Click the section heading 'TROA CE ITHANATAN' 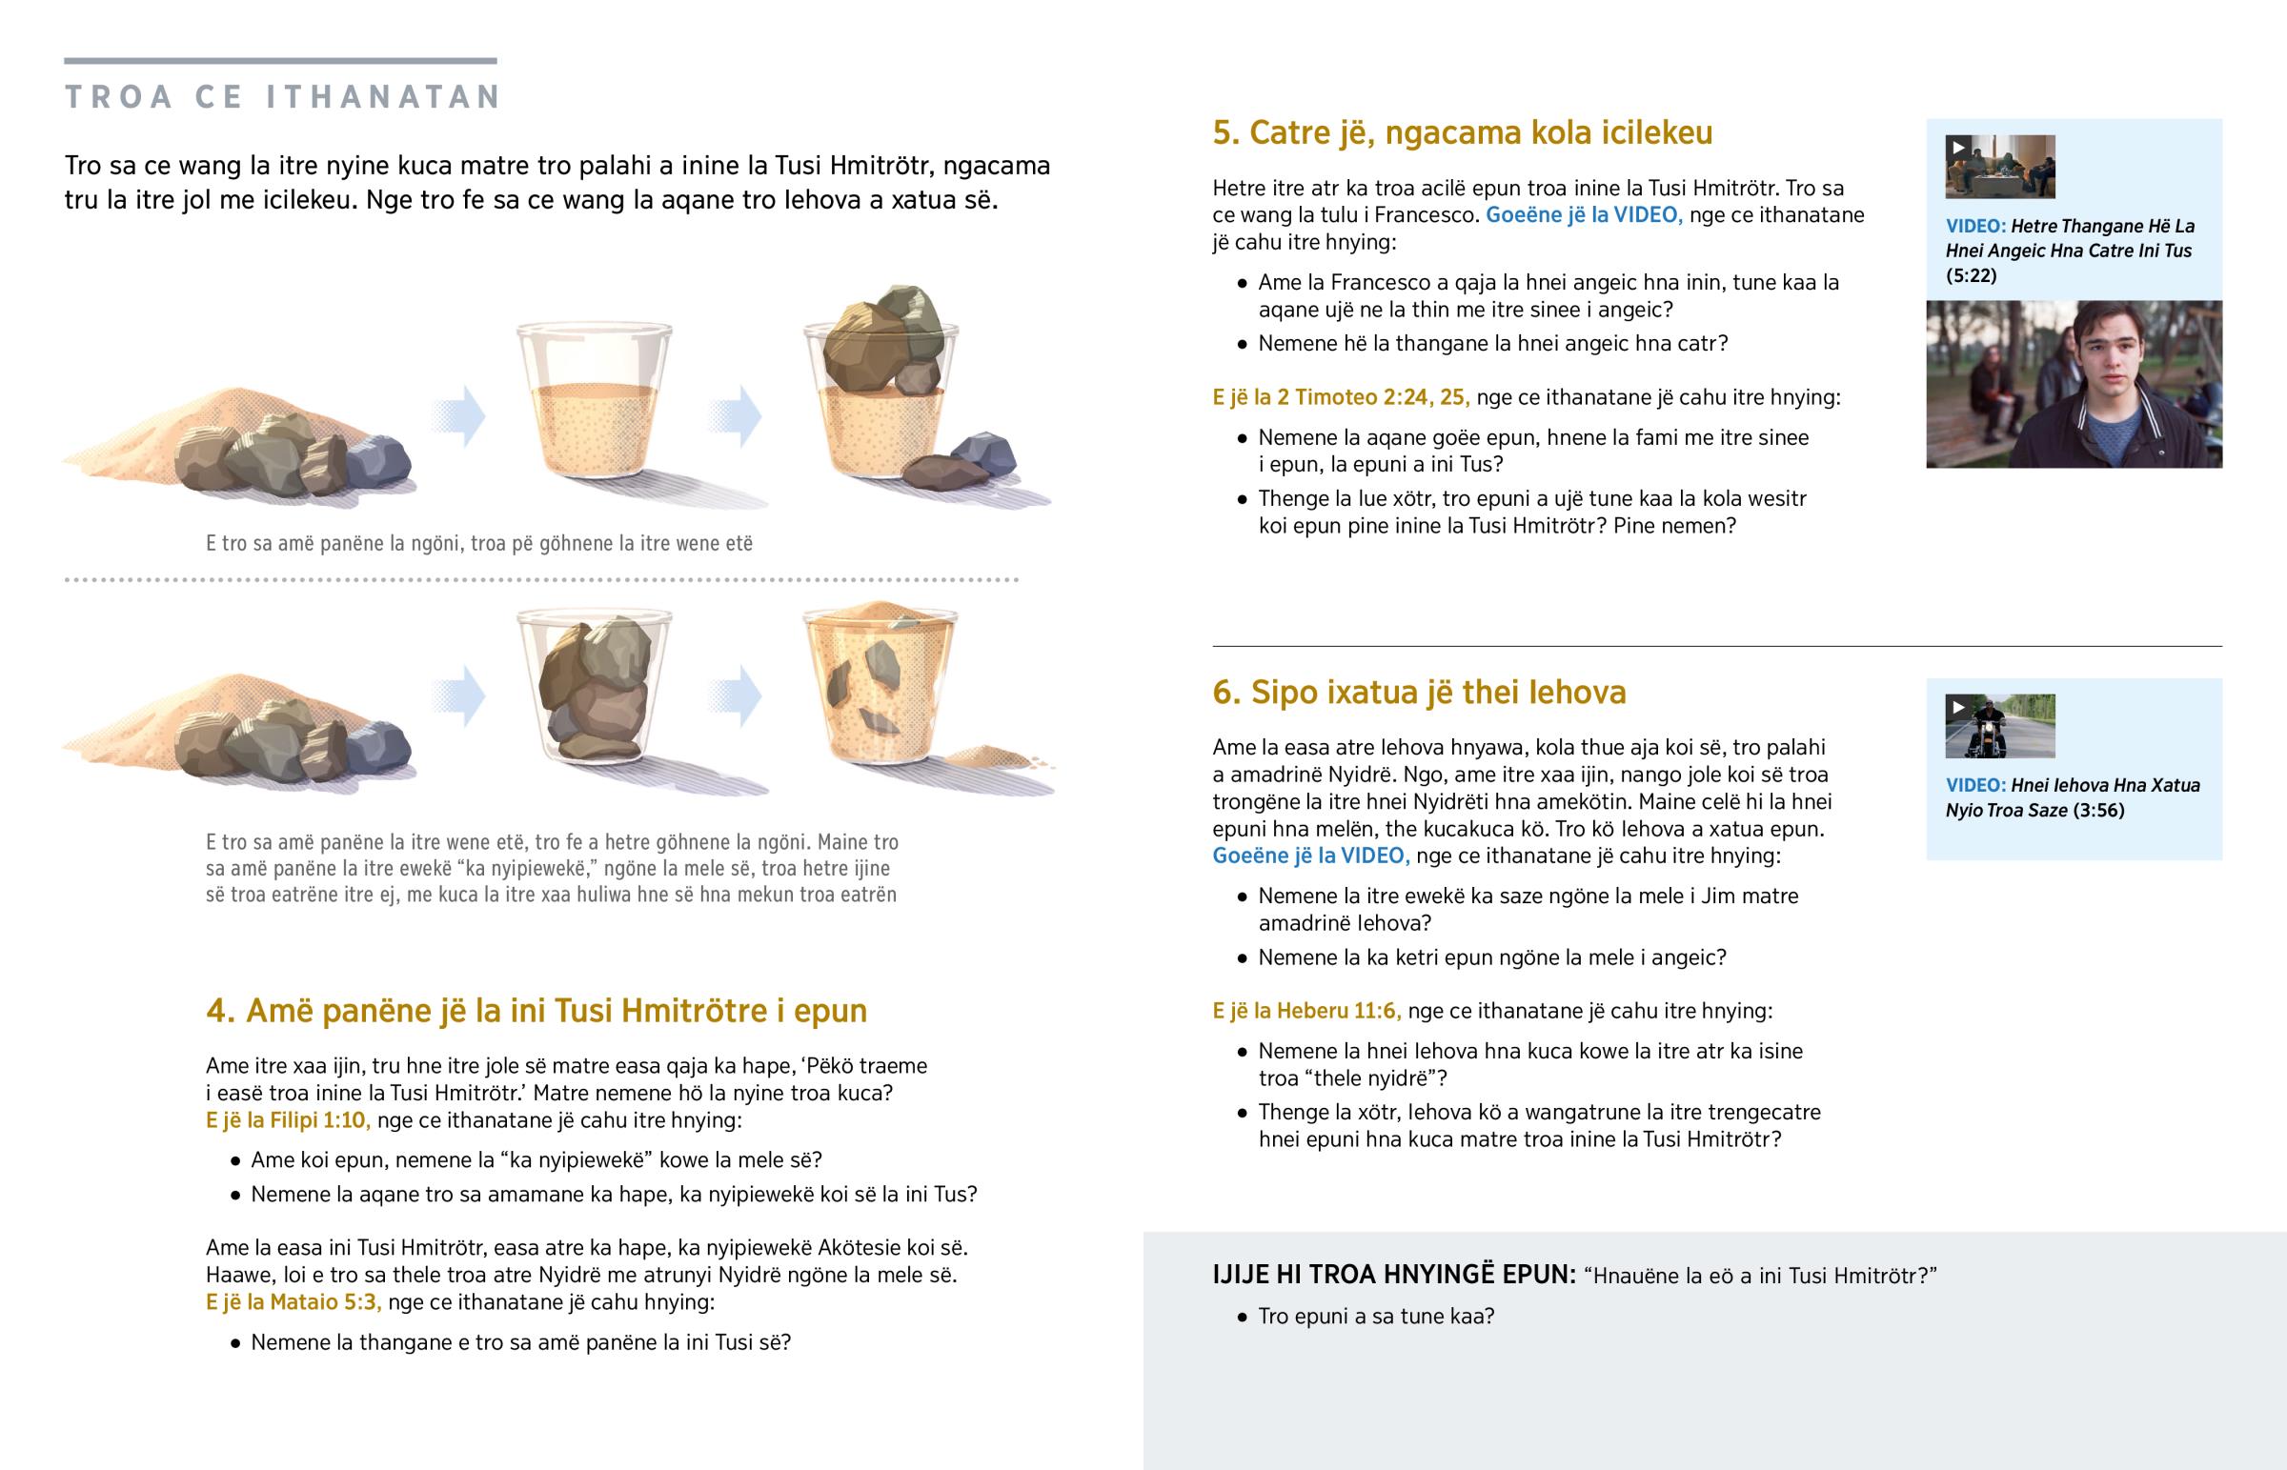[282, 96]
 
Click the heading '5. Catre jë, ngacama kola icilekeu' [1463, 132]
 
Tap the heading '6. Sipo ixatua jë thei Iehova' [1419, 692]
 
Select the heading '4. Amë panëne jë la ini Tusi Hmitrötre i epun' [536, 1011]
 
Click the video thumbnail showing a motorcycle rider [1999, 726]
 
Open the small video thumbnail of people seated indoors [1999, 167]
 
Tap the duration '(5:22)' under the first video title [1971, 276]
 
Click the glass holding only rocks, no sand [595, 685]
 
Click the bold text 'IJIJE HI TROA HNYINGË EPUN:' [1393, 1276]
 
